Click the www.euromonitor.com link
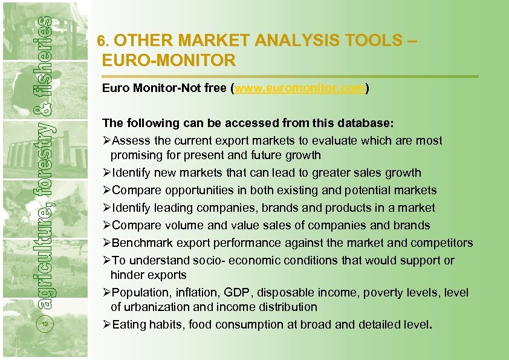(x=300, y=88)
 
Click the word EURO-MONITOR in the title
(x=169, y=61)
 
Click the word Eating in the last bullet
(x=130, y=324)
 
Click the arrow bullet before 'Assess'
(x=106, y=140)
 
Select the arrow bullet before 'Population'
(x=106, y=293)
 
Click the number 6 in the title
(x=102, y=42)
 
